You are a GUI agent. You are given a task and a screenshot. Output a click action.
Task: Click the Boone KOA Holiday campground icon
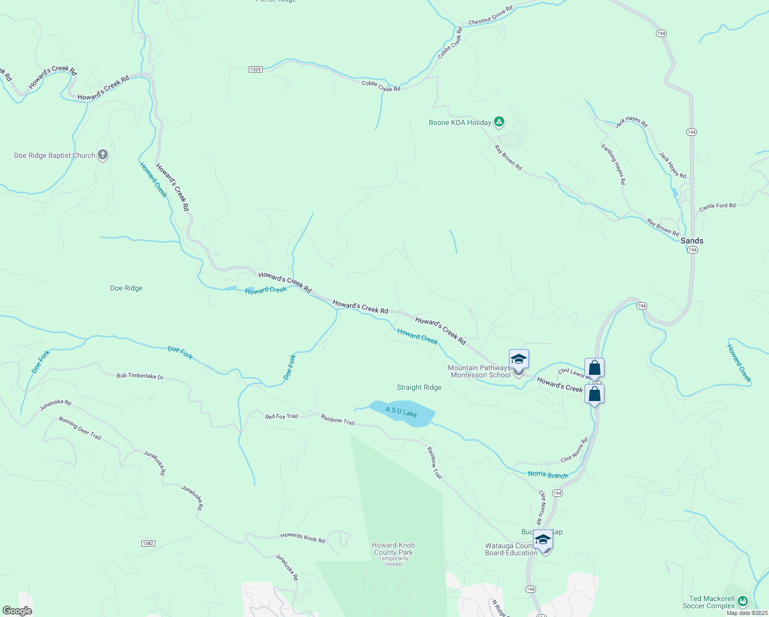click(499, 122)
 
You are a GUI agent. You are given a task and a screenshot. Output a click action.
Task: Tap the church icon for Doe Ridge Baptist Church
click(103, 154)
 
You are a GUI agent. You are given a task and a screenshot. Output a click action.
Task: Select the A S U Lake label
click(401, 412)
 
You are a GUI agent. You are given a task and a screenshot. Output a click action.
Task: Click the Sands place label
click(691, 241)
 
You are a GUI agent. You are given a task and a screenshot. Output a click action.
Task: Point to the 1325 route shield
click(255, 69)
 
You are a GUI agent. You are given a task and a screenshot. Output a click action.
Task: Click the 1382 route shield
click(148, 543)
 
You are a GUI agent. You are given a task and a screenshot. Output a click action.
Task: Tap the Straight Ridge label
click(419, 388)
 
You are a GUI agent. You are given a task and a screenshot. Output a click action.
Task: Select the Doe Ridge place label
click(126, 288)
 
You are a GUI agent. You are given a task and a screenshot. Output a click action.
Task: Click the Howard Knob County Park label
click(393, 549)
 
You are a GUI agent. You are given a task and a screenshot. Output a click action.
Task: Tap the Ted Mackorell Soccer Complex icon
click(742, 601)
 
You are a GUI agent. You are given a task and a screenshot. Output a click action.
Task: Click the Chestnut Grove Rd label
click(490, 16)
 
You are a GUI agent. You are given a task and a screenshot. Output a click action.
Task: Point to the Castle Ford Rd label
click(717, 206)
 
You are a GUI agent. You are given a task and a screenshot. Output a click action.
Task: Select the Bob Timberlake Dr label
click(140, 377)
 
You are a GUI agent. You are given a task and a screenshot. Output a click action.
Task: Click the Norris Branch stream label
click(548, 475)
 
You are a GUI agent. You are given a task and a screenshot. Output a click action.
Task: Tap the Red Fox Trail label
click(281, 416)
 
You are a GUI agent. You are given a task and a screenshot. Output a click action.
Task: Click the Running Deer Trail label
click(80, 428)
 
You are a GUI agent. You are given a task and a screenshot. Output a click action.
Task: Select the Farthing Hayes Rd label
click(614, 164)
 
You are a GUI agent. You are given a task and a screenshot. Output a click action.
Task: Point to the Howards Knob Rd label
click(302, 538)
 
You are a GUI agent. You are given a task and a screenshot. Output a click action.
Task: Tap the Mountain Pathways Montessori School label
click(479, 371)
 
